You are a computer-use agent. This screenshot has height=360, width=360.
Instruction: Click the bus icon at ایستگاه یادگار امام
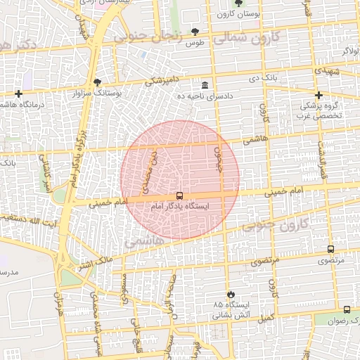180,196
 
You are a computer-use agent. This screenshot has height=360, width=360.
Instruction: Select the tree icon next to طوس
195,32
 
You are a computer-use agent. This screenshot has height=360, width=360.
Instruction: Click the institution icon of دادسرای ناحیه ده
205,84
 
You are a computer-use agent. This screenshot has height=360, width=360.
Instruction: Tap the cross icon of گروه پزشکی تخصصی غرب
319,95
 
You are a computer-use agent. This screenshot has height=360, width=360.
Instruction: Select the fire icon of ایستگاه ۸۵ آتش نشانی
230,293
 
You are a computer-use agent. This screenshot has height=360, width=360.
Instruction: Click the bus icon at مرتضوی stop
330,249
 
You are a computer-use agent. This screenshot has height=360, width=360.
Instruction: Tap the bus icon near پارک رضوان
347,309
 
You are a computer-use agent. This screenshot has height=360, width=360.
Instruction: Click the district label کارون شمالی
247,39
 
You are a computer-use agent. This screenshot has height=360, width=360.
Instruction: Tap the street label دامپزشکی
163,81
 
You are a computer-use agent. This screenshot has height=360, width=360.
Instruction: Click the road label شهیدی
326,72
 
